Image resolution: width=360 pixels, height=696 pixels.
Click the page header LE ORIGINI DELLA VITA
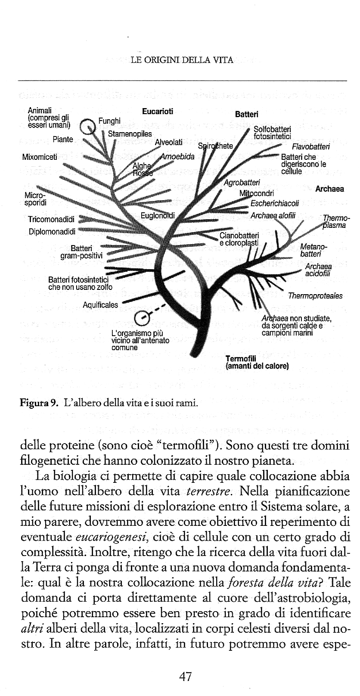point(182,60)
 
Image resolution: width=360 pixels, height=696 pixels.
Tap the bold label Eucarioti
point(158,111)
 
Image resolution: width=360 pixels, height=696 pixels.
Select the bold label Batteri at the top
point(247,115)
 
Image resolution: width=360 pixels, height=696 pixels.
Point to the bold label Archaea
point(329,189)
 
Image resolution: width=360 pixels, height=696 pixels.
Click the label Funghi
point(109,121)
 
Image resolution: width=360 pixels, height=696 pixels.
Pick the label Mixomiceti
point(40,157)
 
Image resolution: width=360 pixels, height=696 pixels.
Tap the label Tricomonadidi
point(51,219)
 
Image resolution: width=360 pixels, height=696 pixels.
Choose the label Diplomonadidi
point(52,231)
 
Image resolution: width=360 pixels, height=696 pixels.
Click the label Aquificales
point(100,305)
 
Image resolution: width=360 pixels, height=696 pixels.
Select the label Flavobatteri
point(310,146)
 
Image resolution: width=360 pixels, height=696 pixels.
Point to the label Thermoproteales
point(315,296)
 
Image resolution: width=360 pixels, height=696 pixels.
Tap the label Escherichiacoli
point(274,204)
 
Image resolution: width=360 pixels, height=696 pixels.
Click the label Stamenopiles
point(130,134)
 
